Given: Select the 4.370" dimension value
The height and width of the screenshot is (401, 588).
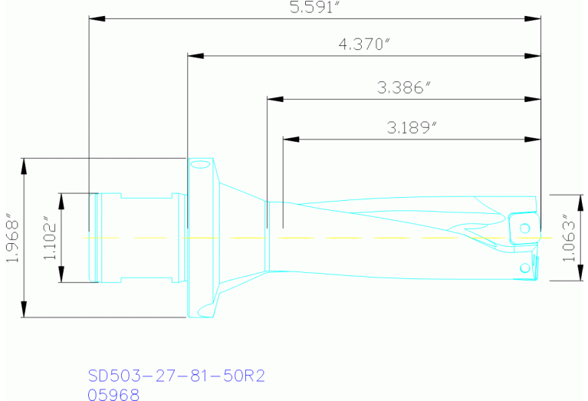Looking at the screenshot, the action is coord(364,44).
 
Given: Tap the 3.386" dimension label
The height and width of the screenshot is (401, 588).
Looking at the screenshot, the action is coord(404,87).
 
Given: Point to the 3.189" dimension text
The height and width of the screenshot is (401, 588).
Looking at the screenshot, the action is coord(412,127).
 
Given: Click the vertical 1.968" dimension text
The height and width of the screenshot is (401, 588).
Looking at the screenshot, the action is coord(12,238).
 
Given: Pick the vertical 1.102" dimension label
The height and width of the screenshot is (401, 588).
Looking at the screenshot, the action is coord(49,238).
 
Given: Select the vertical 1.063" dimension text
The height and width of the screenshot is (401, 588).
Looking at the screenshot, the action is coord(569,238).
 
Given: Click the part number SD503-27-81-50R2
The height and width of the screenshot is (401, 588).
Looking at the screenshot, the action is coord(176,376).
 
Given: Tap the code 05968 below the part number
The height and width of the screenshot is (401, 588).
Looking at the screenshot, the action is coord(113,395).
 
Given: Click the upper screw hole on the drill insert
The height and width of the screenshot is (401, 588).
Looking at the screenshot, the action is coord(525,228).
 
